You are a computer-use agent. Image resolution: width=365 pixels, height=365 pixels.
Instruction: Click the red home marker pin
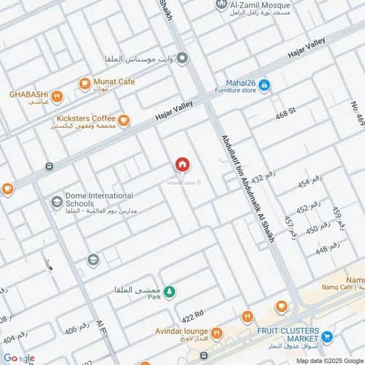(182, 165)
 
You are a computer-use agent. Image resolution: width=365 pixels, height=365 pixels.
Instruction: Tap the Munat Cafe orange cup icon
(85, 83)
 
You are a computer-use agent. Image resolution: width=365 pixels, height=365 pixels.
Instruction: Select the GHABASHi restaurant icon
(57, 96)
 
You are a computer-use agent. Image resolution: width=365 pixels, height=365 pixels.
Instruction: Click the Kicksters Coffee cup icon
(123, 120)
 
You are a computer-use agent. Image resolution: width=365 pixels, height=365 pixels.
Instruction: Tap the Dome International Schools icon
(57, 202)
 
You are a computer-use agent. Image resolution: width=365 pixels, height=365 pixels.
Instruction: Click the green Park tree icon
(169, 293)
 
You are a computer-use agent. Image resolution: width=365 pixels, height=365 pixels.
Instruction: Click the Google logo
(19, 358)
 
